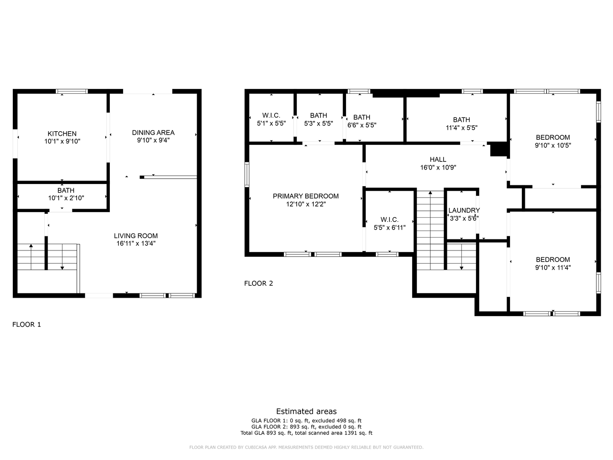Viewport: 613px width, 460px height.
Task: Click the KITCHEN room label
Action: click(62, 134)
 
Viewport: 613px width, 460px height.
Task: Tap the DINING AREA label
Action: click(153, 132)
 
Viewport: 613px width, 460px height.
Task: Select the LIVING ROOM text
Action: click(136, 236)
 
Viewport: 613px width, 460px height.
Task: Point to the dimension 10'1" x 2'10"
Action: click(66, 198)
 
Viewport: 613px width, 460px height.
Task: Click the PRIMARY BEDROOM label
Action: click(306, 196)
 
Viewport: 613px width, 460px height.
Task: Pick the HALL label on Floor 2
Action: click(438, 160)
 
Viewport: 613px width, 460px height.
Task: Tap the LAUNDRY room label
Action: click(464, 210)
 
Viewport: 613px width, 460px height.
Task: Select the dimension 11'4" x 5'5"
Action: click(461, 127)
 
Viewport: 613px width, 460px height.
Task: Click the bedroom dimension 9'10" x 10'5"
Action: click(553, 145)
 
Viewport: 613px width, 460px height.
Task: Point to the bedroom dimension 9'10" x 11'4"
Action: click(553, 267)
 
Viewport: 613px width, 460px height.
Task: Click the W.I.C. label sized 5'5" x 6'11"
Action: click(389, 220)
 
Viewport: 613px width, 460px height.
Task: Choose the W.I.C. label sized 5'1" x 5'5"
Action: click(271, 115)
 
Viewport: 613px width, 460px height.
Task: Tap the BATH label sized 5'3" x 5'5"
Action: click(318, 115)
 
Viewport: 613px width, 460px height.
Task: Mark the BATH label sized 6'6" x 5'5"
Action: click(362, 117)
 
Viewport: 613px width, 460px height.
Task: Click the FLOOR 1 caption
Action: click(27, 325)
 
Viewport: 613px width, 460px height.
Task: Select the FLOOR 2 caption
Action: click(258, 283)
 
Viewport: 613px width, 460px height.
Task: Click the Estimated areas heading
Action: click(306, 411)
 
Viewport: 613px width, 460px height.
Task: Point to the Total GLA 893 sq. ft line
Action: click(306, 433)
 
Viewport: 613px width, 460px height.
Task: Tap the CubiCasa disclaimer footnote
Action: click(306, 447)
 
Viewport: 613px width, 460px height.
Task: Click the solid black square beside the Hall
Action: click(499, 149)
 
